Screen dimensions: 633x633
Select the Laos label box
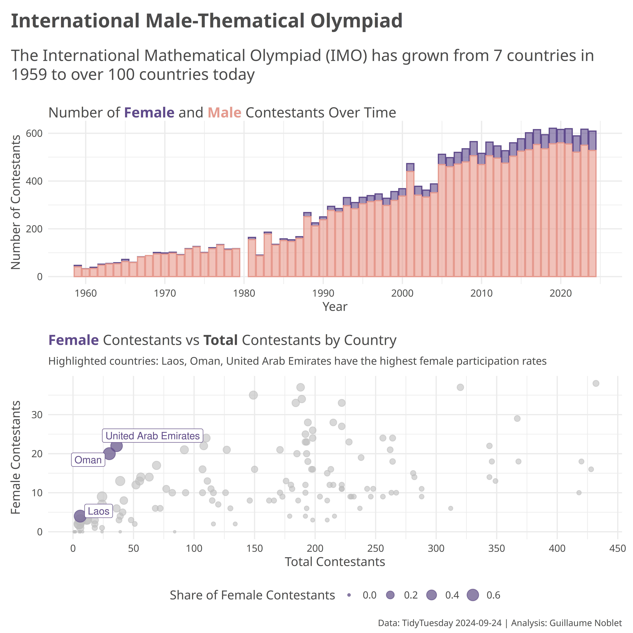click(x=98, y=511)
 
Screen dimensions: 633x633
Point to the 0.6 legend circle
click(x=473, y=595)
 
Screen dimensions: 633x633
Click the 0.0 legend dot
click(x=349, y=595)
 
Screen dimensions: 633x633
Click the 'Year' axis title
click(x=335, y=307)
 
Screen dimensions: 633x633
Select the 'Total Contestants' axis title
click(x=335, y=562)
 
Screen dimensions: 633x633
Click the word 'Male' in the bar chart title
click(x=224, y=113)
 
